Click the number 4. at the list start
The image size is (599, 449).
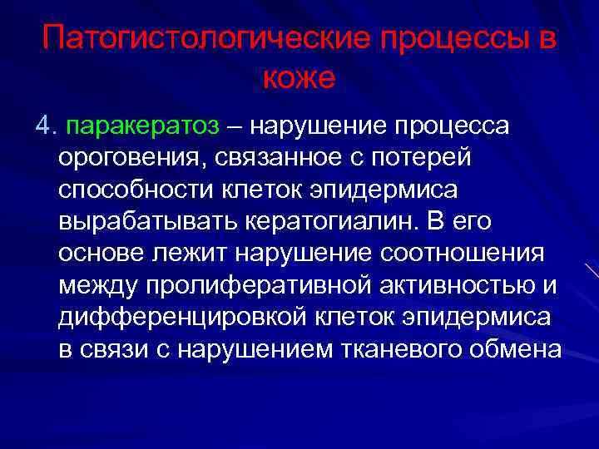click(44, 126)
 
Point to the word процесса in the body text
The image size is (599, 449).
click(457, 126)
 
